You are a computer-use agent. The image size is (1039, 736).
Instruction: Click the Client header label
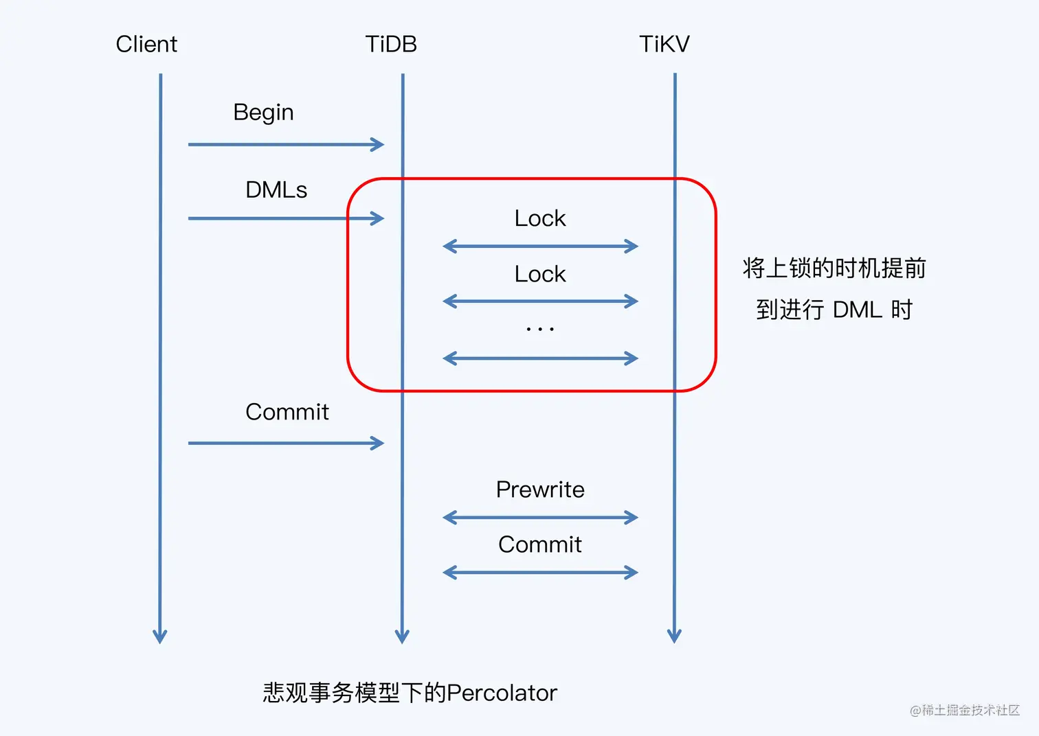[x=146, y=45]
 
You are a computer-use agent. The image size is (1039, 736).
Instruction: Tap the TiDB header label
[x=391, y=45]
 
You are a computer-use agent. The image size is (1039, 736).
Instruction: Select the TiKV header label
[x=664, y=45]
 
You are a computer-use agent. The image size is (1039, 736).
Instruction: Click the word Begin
[x=263, y=113]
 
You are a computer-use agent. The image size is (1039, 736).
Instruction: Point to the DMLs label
[x=276, y=190]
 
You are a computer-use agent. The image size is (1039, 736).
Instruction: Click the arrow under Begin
[x=286, y=144]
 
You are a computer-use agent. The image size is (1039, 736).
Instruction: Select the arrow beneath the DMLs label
[x=286, y=218]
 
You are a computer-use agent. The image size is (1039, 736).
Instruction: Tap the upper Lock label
[x=540, y=218]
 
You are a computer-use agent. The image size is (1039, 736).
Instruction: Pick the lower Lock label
[x=540, y=274]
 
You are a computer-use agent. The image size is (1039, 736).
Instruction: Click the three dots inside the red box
[x=540, y=330]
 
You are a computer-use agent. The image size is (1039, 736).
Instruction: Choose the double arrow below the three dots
[x=541, y=358]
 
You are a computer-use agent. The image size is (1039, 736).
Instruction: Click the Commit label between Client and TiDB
[x=287, y=412]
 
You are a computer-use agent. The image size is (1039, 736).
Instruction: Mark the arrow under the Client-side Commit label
[x=286, y=443]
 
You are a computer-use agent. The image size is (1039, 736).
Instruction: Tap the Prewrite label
[x=540, y=490]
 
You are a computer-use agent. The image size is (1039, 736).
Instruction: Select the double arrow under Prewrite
[x=541, y=517]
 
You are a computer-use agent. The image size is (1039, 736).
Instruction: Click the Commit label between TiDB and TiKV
[x=540, y=544]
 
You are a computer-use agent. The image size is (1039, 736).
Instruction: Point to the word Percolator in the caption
[x=502, y=693]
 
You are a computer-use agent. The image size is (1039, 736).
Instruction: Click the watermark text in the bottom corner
[x=965, y=710]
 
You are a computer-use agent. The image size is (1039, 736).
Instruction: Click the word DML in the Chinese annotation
[x=857, y=310]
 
